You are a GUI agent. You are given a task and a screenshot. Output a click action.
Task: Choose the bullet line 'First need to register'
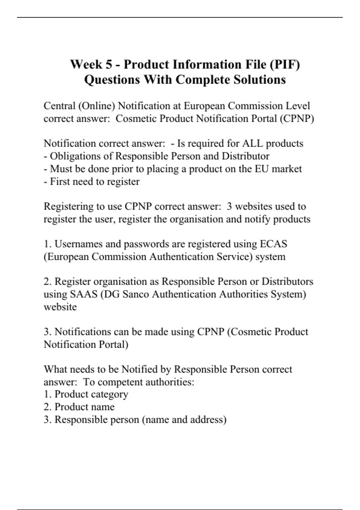tap(91, 181)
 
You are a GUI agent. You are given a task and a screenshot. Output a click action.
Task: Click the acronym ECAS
tap(273, 244)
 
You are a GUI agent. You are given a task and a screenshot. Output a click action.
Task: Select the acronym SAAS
tap(84, 294)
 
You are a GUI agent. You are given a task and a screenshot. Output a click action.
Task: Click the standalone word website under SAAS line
tap(60, 307)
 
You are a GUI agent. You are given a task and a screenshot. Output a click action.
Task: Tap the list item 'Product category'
tap(91, 394)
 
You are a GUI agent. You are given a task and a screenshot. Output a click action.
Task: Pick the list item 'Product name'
tap(84, 407)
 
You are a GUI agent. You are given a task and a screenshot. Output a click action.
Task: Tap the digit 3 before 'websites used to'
tap(229, 206)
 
